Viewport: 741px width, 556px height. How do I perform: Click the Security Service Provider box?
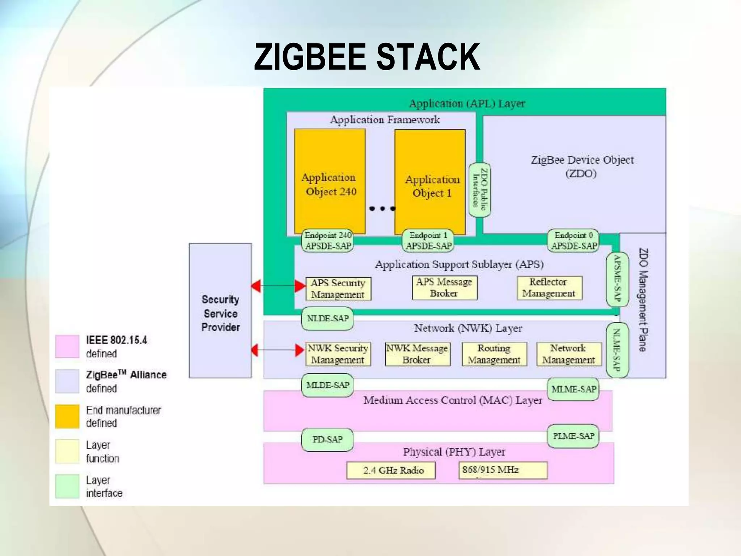tap(220, 311)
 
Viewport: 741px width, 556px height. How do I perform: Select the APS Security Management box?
tap(338, 288)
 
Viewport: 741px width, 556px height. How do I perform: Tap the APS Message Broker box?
tap(444, 288)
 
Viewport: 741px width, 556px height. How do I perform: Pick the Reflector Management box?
tap(549, 288)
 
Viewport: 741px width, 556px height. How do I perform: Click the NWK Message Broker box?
tap(418, 354)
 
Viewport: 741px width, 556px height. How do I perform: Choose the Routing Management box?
tap(494, 354)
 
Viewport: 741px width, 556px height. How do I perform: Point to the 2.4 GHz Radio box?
tap(391, 470)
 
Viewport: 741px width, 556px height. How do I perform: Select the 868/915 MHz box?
tap(503, 470)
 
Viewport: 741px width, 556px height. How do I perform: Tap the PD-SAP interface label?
tap(327, 439)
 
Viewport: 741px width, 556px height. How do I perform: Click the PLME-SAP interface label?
tap(573, 436)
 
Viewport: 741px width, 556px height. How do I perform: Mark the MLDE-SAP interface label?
tap(327, 385)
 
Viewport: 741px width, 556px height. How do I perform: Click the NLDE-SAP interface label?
tap(327, 319)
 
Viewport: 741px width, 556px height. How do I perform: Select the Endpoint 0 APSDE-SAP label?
tap(573, 241)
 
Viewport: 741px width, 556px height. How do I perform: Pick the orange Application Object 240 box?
tap(330, 181)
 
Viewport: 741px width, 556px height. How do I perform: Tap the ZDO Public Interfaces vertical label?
tap(480, 190)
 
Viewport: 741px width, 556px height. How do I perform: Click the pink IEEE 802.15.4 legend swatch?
tap(67, 346)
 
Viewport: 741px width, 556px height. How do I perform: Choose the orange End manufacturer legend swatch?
tap(67, 416)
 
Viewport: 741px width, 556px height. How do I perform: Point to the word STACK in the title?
tap(428, 57)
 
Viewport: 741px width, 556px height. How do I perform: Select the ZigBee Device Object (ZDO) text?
tap(582, 167)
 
